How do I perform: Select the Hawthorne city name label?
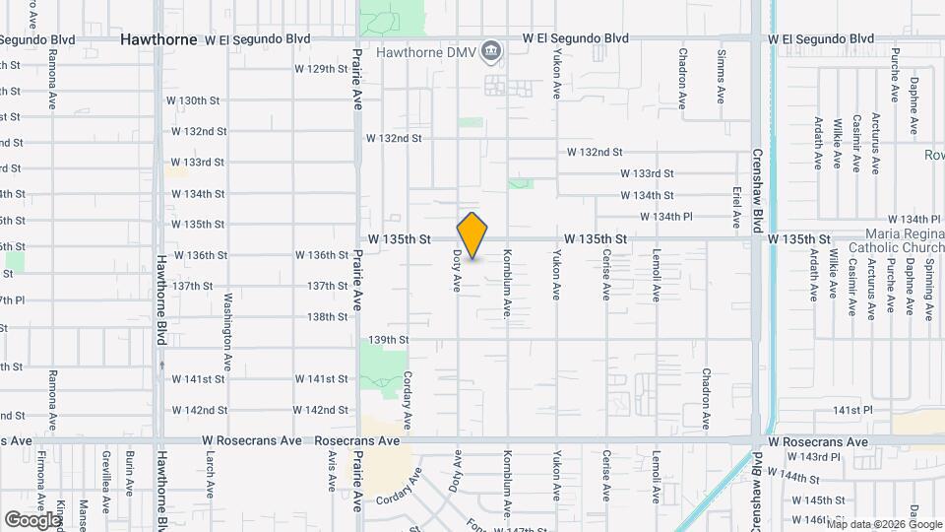(159, 39)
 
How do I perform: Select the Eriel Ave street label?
(735, 199)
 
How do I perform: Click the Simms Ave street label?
(722, 77)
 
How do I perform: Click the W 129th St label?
(322, 69)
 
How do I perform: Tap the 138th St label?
(328, 317)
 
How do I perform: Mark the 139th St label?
(388, 340)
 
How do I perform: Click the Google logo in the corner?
(32, 519)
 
